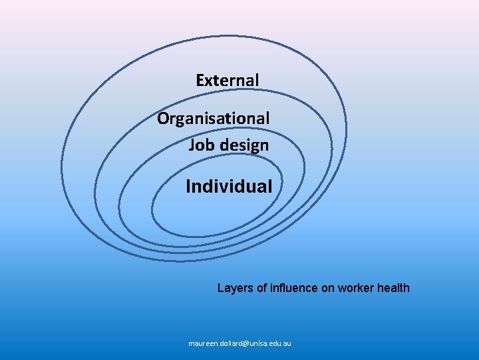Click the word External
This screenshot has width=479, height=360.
pyautogui.click(x=227, y=81)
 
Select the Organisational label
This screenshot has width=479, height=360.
pyautogui.click(x=213, y=119)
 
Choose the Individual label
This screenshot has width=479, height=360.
pyautogui.click(x=229, y=186)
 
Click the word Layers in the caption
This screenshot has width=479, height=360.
pyautogui.click(x=234, y=288)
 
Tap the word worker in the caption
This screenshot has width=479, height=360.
pyautogui.click(x=357, y=288)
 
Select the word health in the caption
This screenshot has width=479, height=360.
pyautogui.click(x=394, y=288)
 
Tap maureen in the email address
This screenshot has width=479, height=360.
pyautogui.click(x=202, y=344)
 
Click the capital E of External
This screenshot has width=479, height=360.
pyautogui.click(x=200, y=81)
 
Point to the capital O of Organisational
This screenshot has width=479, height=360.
pyautogui.click(x=163, y=119)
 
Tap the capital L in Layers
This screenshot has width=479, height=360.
pyautogui.click(x=221, y=288)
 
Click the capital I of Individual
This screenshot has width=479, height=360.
pyautogui.click(x=188, y=186)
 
